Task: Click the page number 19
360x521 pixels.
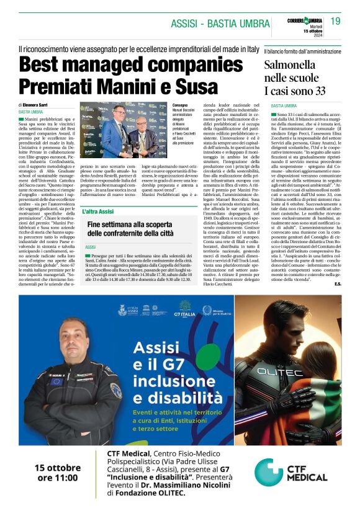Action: (x=335, y=22)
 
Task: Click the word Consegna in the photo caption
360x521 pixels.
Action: (x=183, y=105)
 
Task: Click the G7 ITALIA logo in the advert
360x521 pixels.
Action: (x=187, y=308)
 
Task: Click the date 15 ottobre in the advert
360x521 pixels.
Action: (x=58, y=467)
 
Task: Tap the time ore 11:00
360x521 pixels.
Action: (x=58, y=478)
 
